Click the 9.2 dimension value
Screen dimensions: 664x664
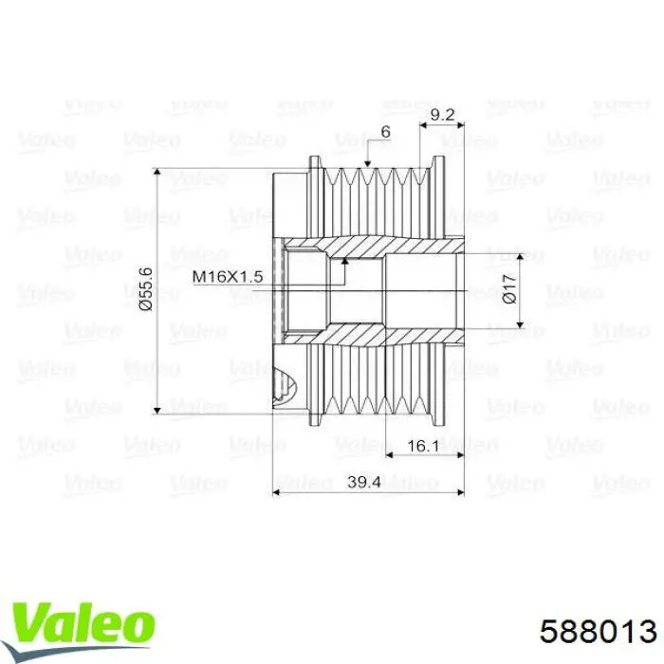click(442, 115)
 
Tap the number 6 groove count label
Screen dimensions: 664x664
click(385, 132)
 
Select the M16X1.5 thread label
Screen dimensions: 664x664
click(228, 277)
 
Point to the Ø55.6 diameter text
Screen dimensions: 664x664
click(145, 289)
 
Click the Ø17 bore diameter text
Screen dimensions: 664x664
click(509, 288)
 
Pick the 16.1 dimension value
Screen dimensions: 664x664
click(423, 446)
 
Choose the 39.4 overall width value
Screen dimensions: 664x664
click(363, 482)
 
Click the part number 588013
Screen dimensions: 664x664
click(598, 633)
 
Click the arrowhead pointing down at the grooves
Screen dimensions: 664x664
click(368, 162)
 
